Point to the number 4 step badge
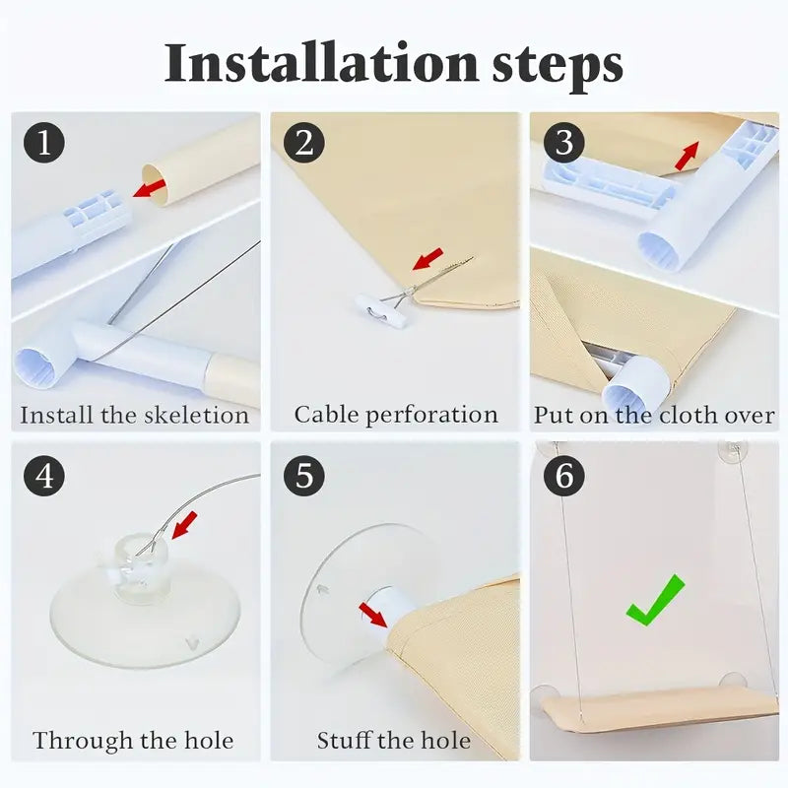click(x=44, y=476)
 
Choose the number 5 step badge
click(x=304, y=476)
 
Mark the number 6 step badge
click(x=563, y=476)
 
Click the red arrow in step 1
click(x=150, y=188)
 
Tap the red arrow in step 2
click(x=427, y=259)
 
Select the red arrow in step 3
click(x=687, y=156)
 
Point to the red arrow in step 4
click(x=184, y=525)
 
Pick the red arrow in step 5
click(x=373, y=616)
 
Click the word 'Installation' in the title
click(x=321, y=63)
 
